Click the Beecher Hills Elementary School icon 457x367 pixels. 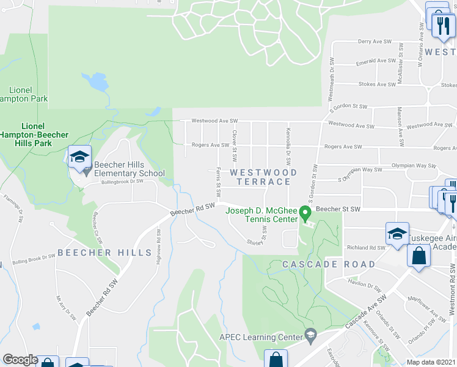(79, 157)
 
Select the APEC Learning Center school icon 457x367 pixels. (310, 336)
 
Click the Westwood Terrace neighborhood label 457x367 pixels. (263, 177)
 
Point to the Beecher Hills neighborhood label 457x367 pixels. (104, 253)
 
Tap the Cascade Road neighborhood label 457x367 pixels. (329, 264)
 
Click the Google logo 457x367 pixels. (20, 360)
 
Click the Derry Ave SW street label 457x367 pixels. (374, 42)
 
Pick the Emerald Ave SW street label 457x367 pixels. (376, 61)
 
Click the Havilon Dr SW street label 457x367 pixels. (365, 284)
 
